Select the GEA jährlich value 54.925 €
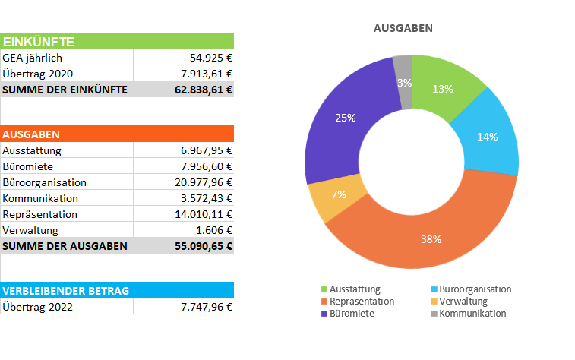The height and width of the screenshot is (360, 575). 210,58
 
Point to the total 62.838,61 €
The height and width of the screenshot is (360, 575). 204,90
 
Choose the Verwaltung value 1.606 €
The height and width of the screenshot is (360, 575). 214,230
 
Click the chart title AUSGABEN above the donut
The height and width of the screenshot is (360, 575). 403,28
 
